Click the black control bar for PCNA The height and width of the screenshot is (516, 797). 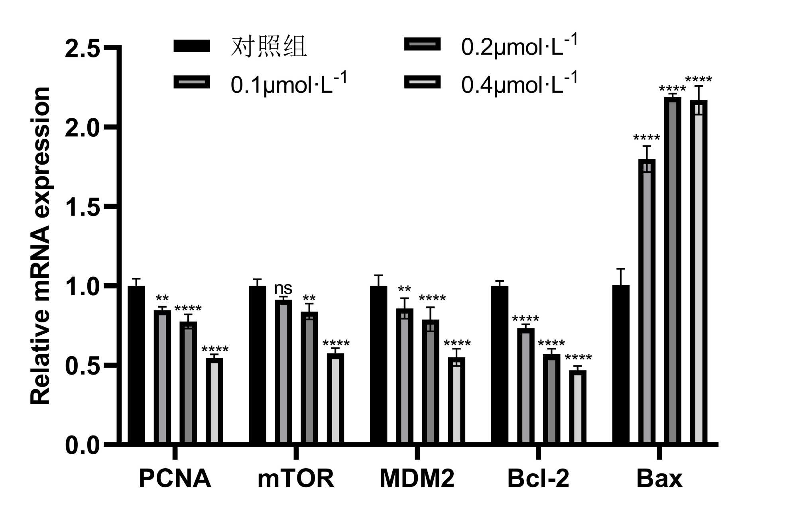coord(136,364)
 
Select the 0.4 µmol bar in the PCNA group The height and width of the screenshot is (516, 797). coord(214,400)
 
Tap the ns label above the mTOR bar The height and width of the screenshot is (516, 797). coord(283,288)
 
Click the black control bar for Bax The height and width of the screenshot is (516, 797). coord(621,364)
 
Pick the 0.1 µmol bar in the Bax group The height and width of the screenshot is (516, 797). coord(647,301)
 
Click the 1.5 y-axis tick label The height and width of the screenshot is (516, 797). coord(82,207)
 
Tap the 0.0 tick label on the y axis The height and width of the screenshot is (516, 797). coord(82,445)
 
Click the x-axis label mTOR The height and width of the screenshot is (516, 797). coord(295,479)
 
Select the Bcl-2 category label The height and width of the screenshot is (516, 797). coord(538,479)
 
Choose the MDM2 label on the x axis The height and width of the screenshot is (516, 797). coord(417,479)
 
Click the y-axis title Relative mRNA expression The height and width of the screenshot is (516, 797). coord(41,246)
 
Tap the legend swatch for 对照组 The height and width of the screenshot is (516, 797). coord(192,46)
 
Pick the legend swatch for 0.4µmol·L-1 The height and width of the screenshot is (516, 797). coord(422,82)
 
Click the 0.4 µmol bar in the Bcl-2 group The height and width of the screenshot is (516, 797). coord(577,406)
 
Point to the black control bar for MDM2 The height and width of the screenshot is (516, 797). coord(378,364)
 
